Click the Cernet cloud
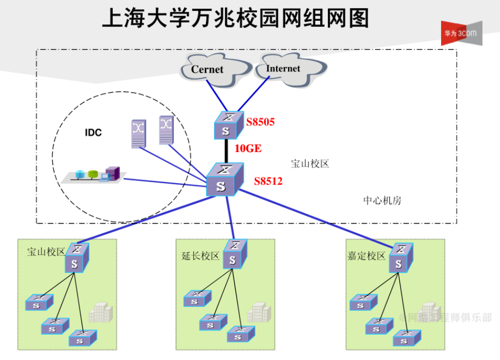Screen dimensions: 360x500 208,69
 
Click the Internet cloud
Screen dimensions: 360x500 282,68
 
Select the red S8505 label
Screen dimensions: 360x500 260,123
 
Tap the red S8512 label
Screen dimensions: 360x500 268,182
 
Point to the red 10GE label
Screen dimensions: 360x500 248,149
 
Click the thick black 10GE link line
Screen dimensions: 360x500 226,150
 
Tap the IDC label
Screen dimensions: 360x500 94,133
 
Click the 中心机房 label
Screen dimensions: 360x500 382,201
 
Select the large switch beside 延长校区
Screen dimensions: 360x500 235,254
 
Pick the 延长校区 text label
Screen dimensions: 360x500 201,256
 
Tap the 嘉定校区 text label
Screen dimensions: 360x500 367,256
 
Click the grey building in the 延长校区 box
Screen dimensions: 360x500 259,312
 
